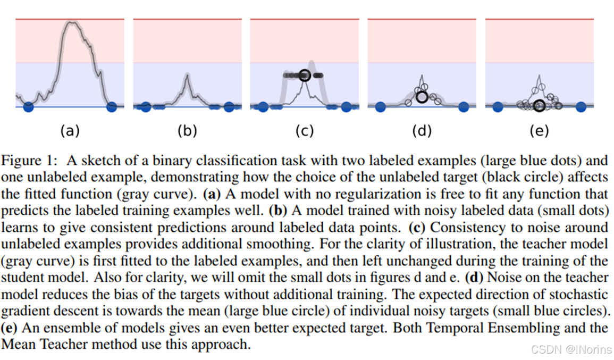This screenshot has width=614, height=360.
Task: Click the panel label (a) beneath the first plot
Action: click(70, 130)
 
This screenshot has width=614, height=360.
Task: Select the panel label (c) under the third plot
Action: click(305, 130)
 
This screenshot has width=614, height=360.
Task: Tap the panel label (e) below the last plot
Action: click(540, 130)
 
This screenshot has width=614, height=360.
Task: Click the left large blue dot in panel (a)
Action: click(29, 107)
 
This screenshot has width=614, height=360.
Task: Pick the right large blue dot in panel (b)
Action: click(229, 107)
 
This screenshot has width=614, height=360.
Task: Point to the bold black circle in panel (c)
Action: click(305, 76)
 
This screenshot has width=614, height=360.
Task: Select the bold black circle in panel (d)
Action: click(422, 97)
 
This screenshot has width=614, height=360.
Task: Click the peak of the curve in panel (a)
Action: click(72, 23)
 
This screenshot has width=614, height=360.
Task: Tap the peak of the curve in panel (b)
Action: click(187, 76)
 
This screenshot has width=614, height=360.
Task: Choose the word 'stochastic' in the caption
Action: click(586, 295)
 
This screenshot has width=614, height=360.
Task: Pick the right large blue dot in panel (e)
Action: click(581, 107)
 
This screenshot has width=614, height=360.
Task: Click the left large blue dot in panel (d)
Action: click(380, 107)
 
